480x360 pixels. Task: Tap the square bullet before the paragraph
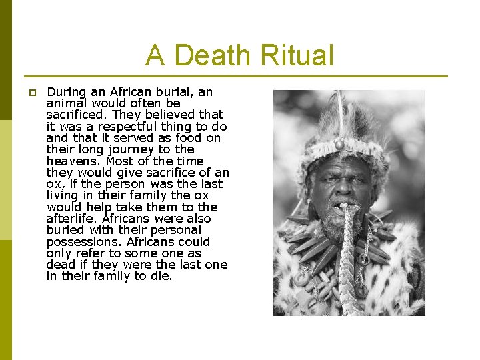31,93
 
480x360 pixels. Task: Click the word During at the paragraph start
69,92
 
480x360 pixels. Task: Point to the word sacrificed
76,115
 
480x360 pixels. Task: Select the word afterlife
72,219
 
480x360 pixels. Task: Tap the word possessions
82,241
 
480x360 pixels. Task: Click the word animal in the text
68,103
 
